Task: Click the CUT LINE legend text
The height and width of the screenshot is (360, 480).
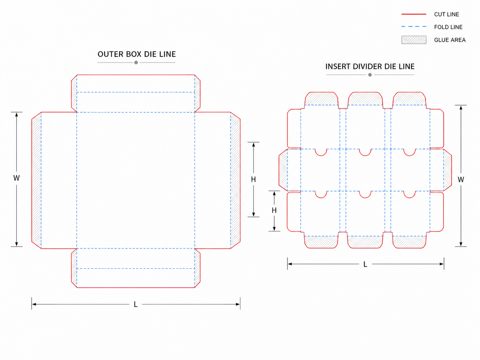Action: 446,15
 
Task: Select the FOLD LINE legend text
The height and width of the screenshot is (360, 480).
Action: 448,27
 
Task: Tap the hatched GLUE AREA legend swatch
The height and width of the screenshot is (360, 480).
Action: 414,40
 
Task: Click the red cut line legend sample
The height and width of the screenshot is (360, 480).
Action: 414,14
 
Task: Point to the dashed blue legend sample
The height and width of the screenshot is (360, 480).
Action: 414,27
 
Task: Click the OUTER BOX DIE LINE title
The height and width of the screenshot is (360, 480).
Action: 137,54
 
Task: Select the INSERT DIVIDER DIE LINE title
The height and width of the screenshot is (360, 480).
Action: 370,66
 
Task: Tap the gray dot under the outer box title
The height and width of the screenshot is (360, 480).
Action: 136,63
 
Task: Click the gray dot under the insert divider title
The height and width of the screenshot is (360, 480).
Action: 370,75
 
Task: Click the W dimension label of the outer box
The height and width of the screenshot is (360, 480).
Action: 16,178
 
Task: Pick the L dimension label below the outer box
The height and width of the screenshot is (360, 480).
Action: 136,304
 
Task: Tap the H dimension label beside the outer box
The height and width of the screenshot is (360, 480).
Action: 253,179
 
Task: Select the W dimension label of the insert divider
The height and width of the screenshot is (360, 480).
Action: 460,179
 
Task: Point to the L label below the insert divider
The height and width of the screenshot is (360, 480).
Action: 365,264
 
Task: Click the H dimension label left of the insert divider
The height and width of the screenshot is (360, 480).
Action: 274,210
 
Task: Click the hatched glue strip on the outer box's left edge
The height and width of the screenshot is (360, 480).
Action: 36,180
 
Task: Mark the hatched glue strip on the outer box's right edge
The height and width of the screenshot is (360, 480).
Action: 235,180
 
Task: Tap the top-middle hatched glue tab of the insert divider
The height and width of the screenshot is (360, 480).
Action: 365,99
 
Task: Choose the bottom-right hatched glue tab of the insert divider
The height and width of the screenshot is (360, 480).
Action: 409,242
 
